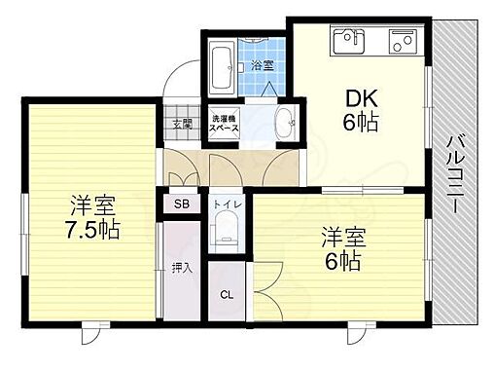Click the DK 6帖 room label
(x=361, y=110)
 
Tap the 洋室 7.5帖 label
(x=93, y=219)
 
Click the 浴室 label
(x=261, y=66)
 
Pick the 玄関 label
(x=180, y=124)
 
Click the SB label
(x=180, y=205)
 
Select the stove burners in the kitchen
(x=403, y=43)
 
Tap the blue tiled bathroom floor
(x=263, y=83)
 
